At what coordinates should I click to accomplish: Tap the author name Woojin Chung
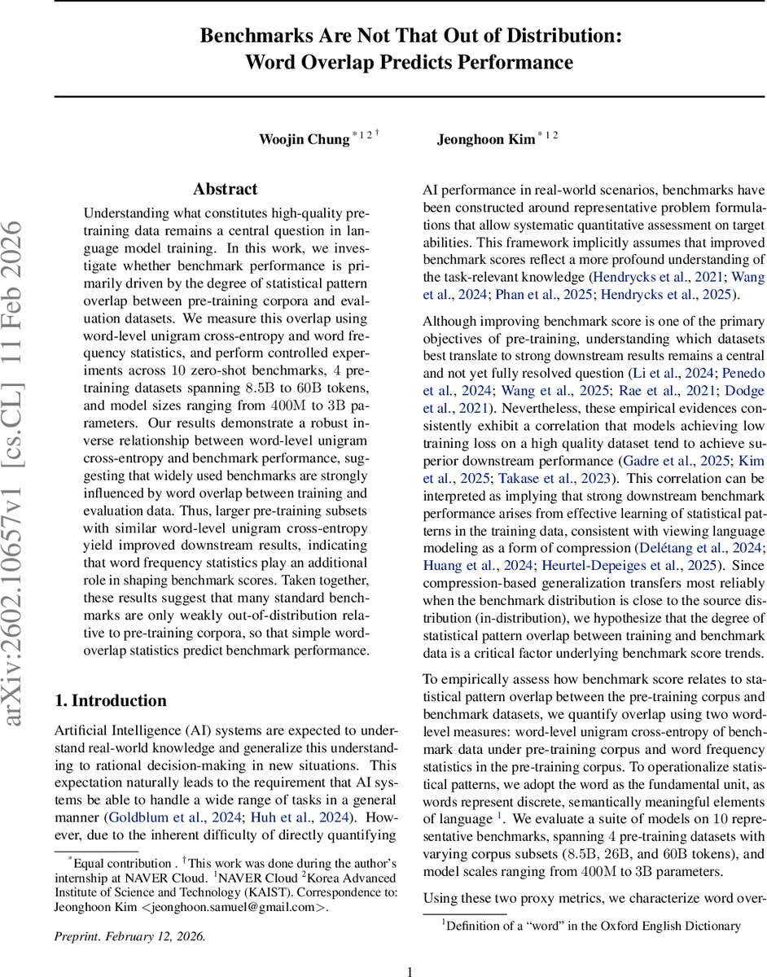[x=304, y=138]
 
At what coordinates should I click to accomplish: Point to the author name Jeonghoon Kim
[x=485, y=138]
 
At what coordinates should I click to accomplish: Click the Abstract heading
[x=226, y=189]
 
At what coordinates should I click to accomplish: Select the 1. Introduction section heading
[x=110, y=700]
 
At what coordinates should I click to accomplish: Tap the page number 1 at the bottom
[x=410, y=970]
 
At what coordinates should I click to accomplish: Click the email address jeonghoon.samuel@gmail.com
[x=232, y=908]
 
